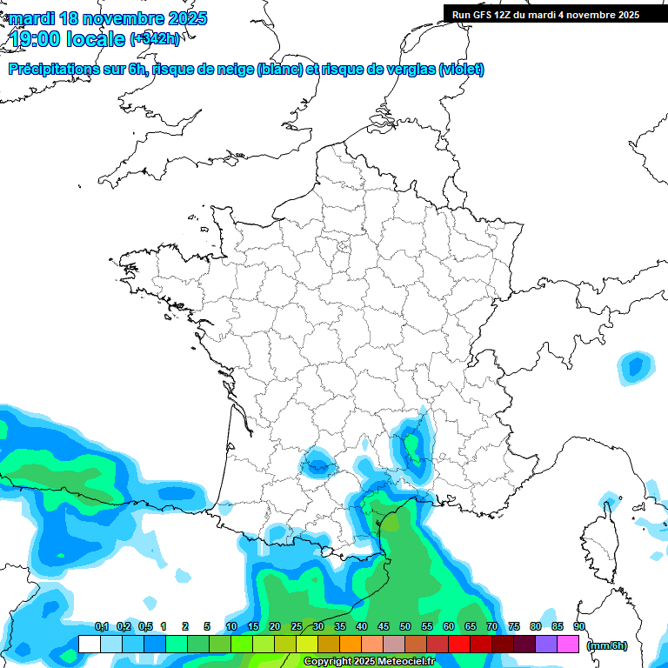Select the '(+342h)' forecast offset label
pyautogui.click(x=155, y=39)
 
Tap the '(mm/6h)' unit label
pyautogui.click(x=606, y=645)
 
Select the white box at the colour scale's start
pyautogui.click(x=89, y=645)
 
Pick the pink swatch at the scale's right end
pyautogui.click(x=568, y=645)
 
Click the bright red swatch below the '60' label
pyautogui.click(x=459, y=645)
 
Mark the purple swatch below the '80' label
pyautogui.click(x=546, y=645)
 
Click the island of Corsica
pyautogui.click(x=598, y=544)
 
